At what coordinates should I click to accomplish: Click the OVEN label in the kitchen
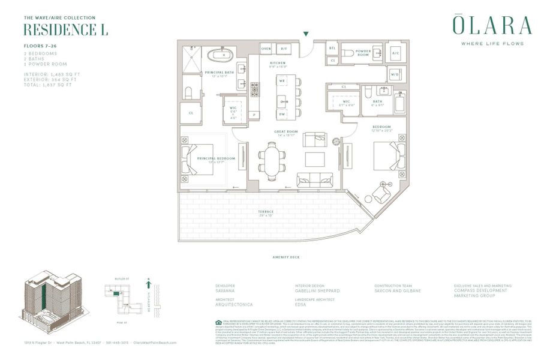[x=266, y=49]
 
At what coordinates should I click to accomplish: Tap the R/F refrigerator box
[x=285, y=49]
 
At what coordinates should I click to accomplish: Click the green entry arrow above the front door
[x=307, y=35]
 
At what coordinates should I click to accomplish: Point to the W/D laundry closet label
[x=395, y=74]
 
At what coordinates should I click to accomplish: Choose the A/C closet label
[x=395, y=52]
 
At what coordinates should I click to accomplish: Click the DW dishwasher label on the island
[x=282, y=114]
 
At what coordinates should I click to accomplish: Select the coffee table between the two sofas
[x=315, y=159]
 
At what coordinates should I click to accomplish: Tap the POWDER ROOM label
[x=363, y=52]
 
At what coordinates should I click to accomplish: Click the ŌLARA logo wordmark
[x=492, y=25]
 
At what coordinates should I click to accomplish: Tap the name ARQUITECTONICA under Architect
[x=234, y=305]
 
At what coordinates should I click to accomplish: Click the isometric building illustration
[x=51, y=303]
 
